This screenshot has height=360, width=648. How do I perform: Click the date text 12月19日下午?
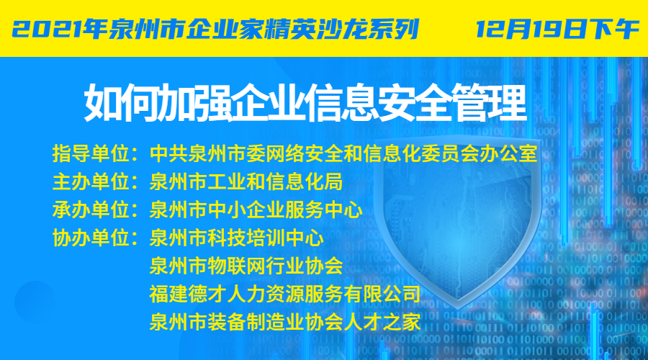tap(557, 29)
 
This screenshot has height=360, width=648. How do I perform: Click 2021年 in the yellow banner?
tap(60, 29)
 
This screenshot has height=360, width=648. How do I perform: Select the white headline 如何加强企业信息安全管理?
tap(305, 102)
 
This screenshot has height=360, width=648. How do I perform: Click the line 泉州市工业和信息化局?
tap(246, 181)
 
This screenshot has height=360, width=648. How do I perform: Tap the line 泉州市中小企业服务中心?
tap(256, 210)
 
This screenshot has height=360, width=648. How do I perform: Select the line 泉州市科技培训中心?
tap(237, 238)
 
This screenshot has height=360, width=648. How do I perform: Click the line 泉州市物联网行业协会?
tap(246, 266)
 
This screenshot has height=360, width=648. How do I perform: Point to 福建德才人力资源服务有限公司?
tap(285, 294)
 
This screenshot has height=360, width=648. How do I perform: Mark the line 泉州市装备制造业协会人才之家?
tap(285, 322)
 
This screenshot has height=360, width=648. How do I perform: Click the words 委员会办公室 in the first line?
tap(479, 153)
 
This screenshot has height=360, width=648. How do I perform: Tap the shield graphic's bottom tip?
tap(459, 308)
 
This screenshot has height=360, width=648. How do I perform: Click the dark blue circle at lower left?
tap(35, 302)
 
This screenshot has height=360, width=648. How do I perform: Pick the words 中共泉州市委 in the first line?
tap(207, 153)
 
